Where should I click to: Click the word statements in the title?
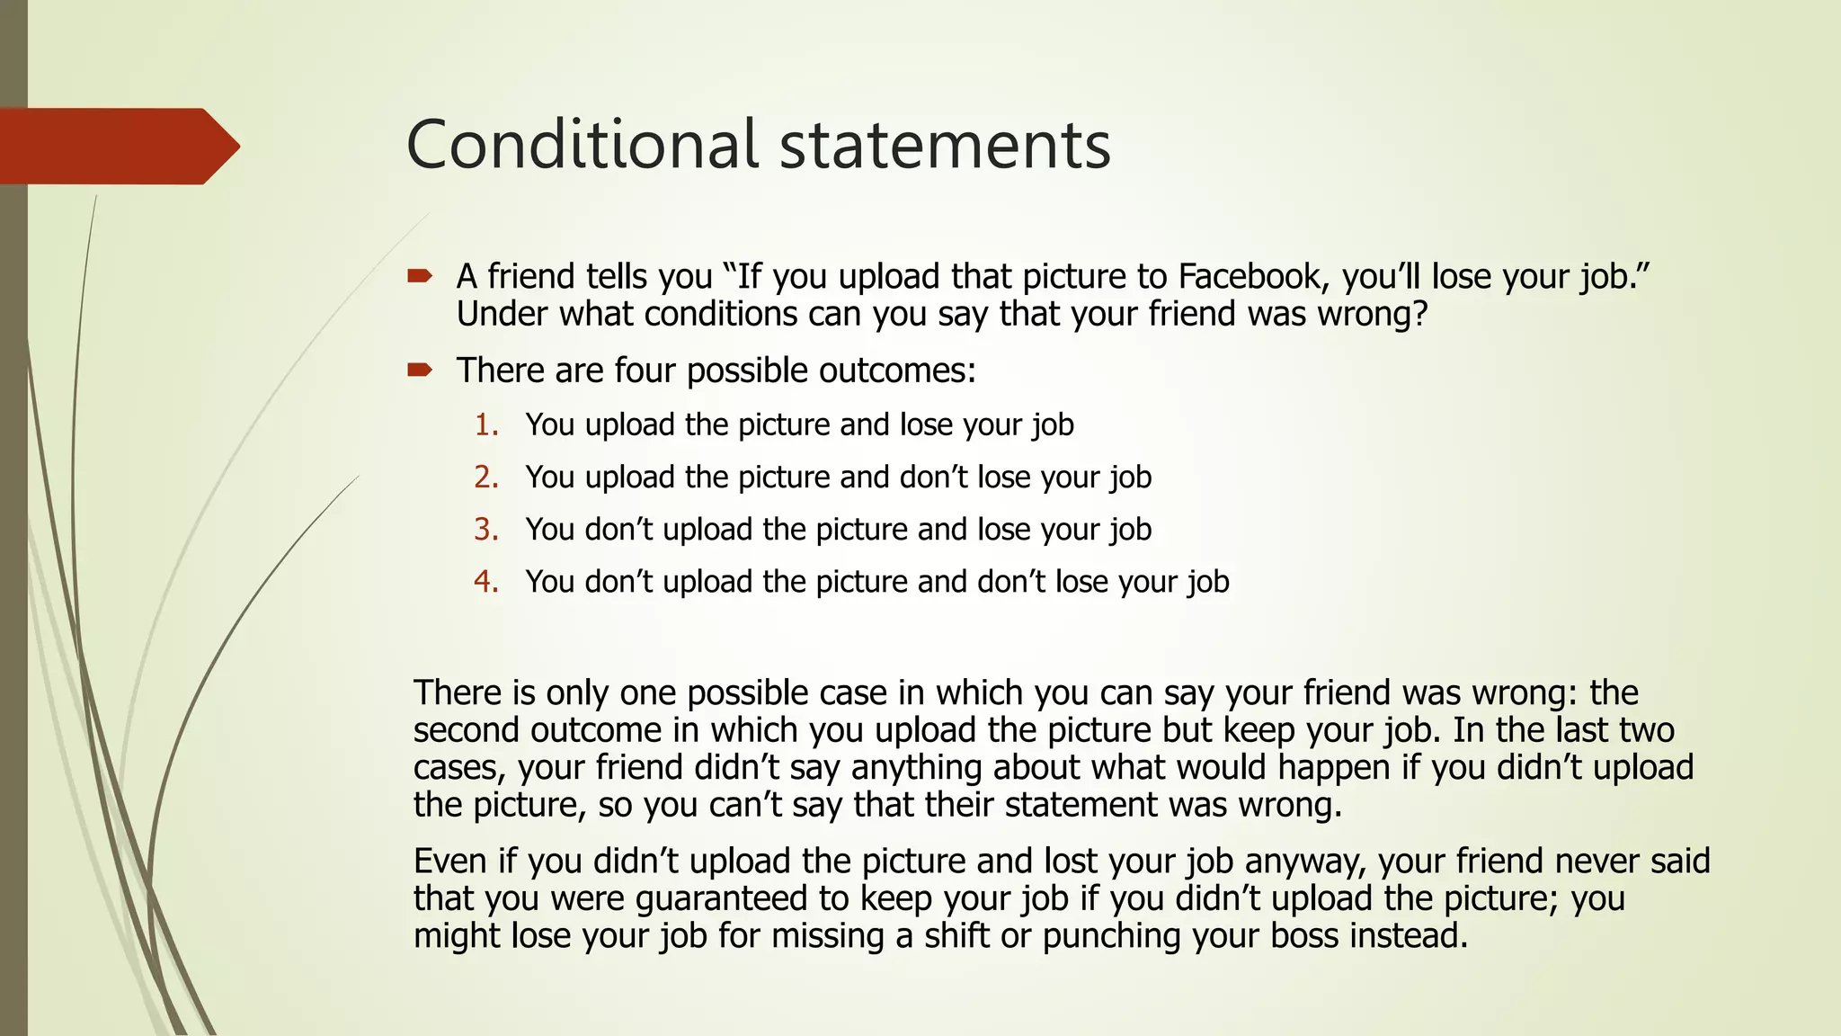(945, 147)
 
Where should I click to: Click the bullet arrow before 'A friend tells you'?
(420, 276)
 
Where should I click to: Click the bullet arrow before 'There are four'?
(420, 370)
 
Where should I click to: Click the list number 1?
(486, 424)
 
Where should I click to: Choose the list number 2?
(486, 477)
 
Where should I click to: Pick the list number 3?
(486, 529)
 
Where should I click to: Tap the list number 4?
(486, 582)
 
